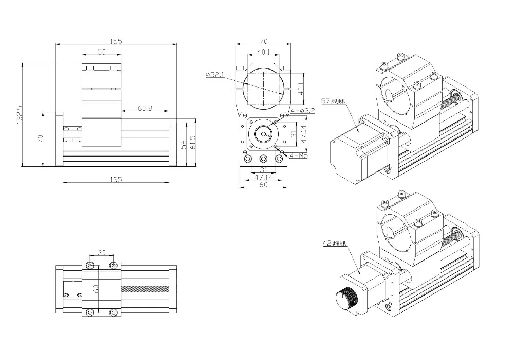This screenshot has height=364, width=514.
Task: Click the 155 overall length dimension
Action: (x=116, y=42)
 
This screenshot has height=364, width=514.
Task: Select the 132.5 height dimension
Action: (x=20, y=114)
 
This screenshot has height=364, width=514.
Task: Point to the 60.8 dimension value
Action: (x=145, y=108)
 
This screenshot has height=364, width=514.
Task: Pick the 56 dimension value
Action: (x=183, y=145)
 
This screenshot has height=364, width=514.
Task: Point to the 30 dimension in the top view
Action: (x=101, y=253)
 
